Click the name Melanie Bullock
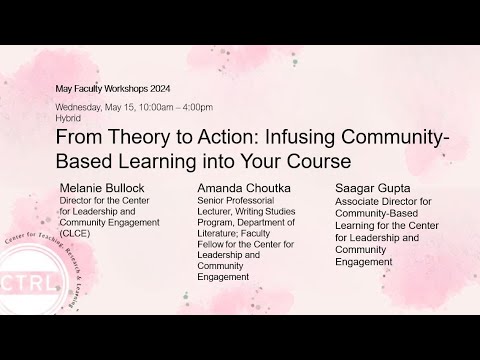[x=102, y=188]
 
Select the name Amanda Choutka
[x=244, y=188]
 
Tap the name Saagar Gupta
[x=373, y=188]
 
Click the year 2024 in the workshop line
[x=160, y=89]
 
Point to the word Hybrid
[x=68, y=118]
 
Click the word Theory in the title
[x=139, y=137]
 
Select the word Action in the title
[x=228, y=137]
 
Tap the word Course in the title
[x=319, y=161]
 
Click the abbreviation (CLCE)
[x=75, y=233]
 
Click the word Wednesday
[x=79, y=108]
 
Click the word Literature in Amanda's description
[x=217, y=233]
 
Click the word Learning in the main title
[x=157, y=162]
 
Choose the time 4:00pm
[x=198, y=108]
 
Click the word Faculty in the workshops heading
[x=89, y=89]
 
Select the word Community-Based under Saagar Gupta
[x=377, y=213]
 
